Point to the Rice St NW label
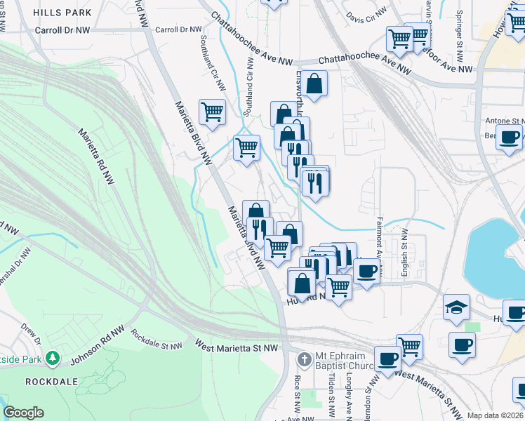point(298,397)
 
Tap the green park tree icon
point(51,359)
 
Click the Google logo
point(23,412)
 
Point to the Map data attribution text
point(495,415)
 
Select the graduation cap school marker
point(456,307)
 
